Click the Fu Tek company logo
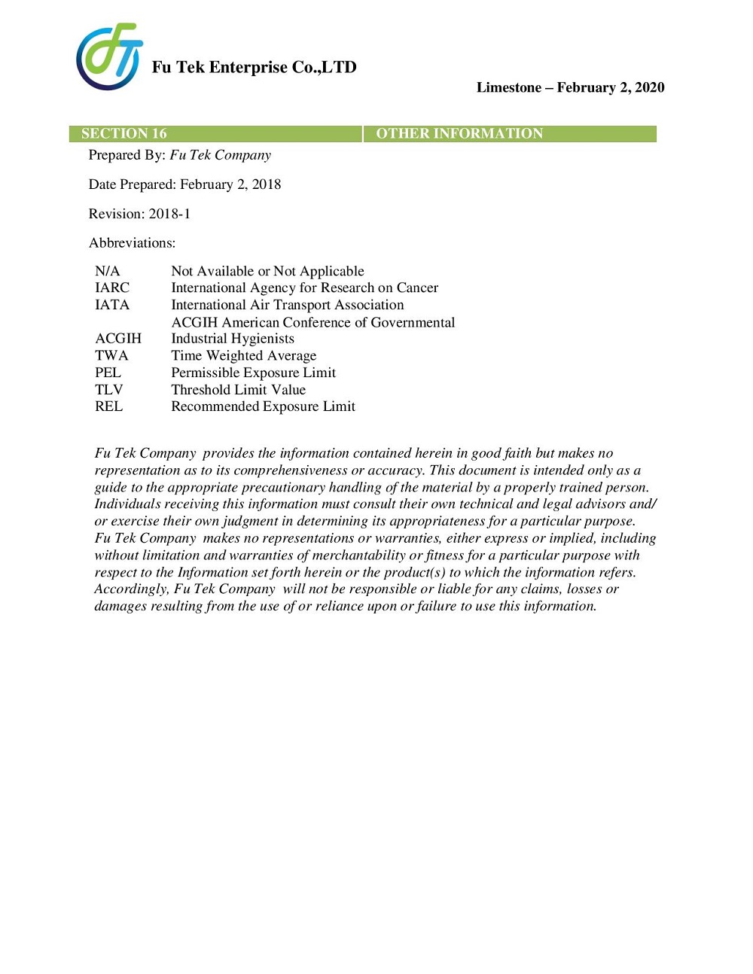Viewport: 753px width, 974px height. coord(109,56)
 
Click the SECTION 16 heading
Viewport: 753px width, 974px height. coord(123,134)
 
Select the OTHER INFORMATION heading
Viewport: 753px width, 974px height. coord(459,134)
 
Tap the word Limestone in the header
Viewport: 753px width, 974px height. coord(509,87)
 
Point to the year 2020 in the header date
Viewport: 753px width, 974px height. coord(650,87)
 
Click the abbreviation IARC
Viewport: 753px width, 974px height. coord(112,288)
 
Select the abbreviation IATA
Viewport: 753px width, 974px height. coord(112,305)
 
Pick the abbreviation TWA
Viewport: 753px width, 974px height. coord(111,355)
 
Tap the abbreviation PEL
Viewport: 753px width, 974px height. coord(108,373)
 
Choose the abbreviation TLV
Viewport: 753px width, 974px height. coord(108,390)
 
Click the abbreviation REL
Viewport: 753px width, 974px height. coord(108,406)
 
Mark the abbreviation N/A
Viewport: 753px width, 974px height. coord(107,271)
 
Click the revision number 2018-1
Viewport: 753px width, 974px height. coord(169,214)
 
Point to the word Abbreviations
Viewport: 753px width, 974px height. coord(132,243)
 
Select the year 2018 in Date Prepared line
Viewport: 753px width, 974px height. coord(267,184)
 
